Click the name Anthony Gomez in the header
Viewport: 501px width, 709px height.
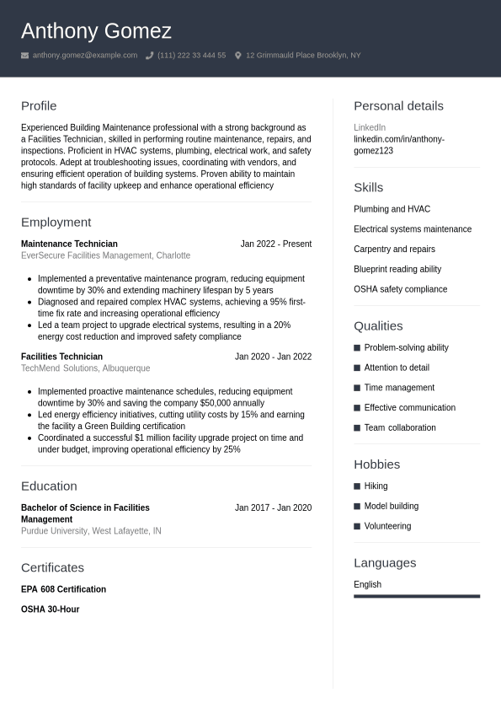pyautogui.click(x=96, y=31)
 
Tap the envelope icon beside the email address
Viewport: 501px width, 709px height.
pyautogui.click(x=25, y=56)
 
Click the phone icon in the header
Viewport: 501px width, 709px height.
pyautogui.click(x=149, y=56)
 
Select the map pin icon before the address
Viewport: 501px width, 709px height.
pyautogui.click(x=238, y=56)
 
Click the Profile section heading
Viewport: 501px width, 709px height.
pyautogui.click(x=39, y=105)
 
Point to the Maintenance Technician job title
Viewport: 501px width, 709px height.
pyautogui.click(x=69, y=244)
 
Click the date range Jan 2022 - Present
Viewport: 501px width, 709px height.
pyautogui.click(x=275, y=244)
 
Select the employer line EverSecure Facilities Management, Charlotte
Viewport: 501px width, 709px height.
pyautogui.click(x=105, y=255)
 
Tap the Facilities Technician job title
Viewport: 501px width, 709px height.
pyautogui.click(x=61, y=357)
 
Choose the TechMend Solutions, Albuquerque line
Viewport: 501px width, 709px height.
pyautogui.click(x=85, y=368)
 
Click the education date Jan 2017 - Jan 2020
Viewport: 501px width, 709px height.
pyautogui.click(x=273, y=508)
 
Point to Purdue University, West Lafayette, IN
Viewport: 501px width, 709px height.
pyautogui.click(x=91, y=531)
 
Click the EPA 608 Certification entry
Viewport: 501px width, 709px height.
pyautogui.click(x=63, y=589)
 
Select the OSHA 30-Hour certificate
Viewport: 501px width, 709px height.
pyautogui.click(x=50, y=610)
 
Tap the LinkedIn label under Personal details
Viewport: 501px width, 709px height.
pyautogui.click(x=370, y=127)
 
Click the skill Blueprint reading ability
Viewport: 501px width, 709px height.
pyautogui.click(x=397, y=269)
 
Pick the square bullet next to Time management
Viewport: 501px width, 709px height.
pyautogui.click(x=357, y=388)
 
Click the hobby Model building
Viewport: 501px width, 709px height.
pyautogui.click(x=391, y=506)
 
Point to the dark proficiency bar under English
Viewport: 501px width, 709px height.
pyautogui.click(x=416, y=596)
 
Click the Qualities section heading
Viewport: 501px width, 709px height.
pyautogui.click(x=378, y=325)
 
